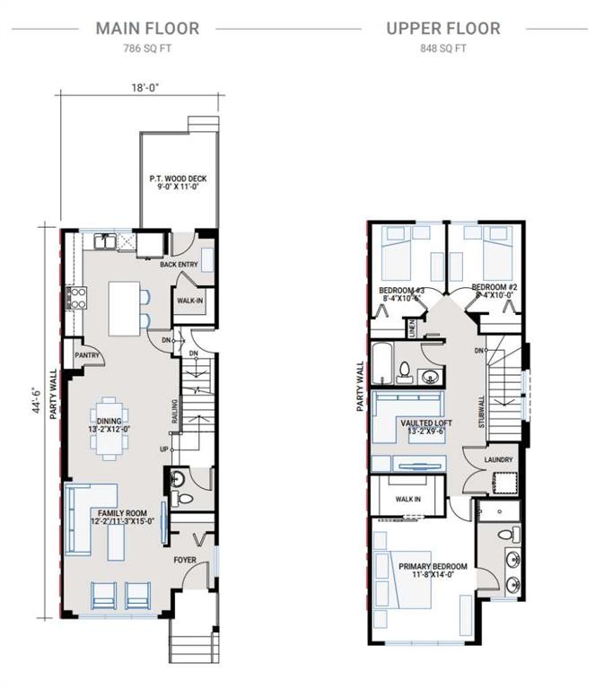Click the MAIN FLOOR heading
coord(147,28)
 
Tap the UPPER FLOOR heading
coord(443,28)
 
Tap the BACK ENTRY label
coord(179,266)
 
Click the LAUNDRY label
coord(498,460)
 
